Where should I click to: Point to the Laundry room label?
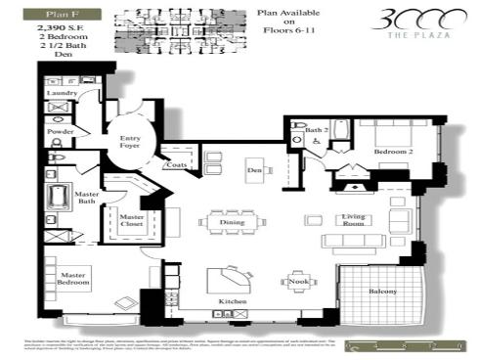(x=62, y=94)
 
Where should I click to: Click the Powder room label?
(x=61, y=131)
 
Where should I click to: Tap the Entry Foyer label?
(x=131, y=143)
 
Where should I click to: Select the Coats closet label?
(x=177, y=164)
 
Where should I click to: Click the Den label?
(x=253, y=170)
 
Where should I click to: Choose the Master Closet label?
(x=131, y=221)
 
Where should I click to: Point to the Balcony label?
(x=382, y=292)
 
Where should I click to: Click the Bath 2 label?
(x=316, y=129)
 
